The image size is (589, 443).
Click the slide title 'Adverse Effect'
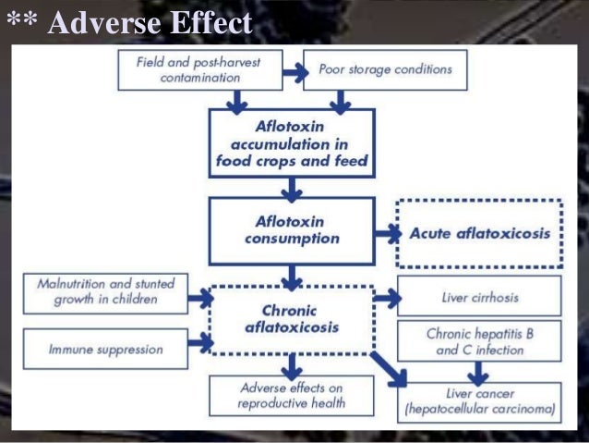tap(149, 22)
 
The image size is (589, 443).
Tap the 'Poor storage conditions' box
tap(384, 69)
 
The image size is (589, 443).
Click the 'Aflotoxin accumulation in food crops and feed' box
tap(292, 143)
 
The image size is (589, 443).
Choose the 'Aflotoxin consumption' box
tap(292, 229)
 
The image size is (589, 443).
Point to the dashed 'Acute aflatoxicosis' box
tap(479, 233)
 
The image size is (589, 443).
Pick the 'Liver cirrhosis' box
tap(479, 297)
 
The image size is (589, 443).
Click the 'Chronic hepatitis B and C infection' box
tap(479, 339)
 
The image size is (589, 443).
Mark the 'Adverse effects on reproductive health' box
tap(292, 395)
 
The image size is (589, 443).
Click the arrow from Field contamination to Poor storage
tap(293, 69)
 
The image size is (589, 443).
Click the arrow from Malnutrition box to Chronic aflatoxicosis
tap(198, 298)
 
